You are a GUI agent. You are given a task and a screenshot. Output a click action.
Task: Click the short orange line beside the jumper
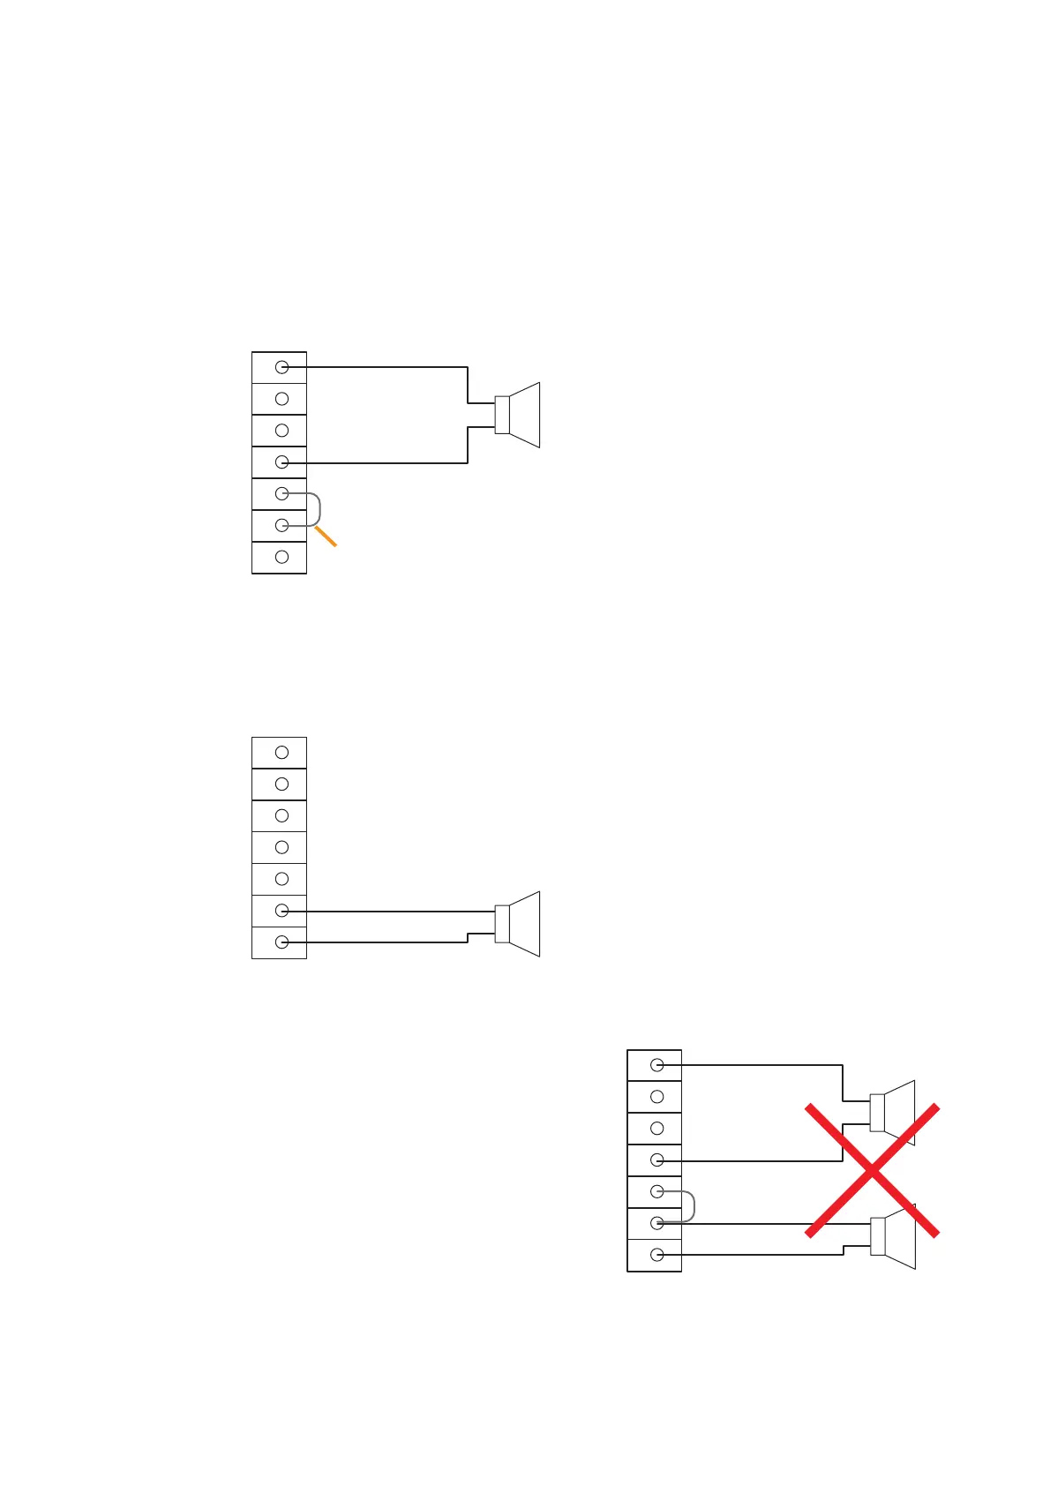tap(326, 536)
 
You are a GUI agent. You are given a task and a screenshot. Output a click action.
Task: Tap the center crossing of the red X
tap(872, 1170)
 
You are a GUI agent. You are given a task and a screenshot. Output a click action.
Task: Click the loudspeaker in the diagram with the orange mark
tap(518, 415)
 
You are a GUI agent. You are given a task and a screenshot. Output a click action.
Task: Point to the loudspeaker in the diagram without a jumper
tap(518, 924)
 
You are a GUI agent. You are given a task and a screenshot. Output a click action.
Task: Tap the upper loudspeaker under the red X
tap(893, 1113)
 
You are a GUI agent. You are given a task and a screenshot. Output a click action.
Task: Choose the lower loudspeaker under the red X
tap(893, 1236)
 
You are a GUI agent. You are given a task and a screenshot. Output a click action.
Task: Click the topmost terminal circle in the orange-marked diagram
tap(282, 367)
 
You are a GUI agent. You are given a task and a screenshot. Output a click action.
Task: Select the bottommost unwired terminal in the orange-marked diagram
tap(282, 557)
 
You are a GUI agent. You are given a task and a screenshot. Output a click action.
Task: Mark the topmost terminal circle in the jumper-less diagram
tap(282, 753)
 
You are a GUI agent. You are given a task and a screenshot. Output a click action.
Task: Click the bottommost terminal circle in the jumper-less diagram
tap(282, 942)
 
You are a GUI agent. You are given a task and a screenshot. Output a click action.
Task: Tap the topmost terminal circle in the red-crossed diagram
tap(657, 1065)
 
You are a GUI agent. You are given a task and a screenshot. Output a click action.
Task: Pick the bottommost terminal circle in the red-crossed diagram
tap(657, 1255)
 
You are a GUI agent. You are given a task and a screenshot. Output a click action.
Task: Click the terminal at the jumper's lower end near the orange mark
tap(282, 525)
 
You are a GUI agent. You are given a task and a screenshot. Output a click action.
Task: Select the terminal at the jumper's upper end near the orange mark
tap(282, 493)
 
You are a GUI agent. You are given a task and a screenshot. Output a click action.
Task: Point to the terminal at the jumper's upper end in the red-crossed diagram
tap(657, 1191)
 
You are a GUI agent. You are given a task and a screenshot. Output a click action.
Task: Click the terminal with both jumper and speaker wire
tap(657, 1223)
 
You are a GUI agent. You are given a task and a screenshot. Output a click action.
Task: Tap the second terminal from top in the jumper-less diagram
tap(282, 784)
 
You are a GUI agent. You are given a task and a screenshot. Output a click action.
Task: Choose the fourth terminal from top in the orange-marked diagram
tap(282, 462)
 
